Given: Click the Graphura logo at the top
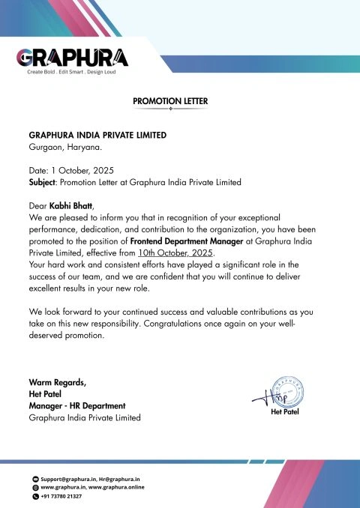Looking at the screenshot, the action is pyautogui.click(x=72, y=57).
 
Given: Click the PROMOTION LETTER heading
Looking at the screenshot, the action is pyautogui.click(x=170, y=100).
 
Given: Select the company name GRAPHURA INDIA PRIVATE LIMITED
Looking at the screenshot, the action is pyautogui.click(x=97, y=136).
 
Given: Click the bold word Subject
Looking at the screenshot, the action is pyautogui.click(x=42, y=182).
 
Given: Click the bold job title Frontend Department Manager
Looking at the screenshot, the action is pyautogui.click(x=187, y=242).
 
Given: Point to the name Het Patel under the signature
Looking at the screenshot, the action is pyautogui.click(x=284, y=412).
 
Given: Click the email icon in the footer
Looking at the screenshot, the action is pyautogui.click(x=34, y=478).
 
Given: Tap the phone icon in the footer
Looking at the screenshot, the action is pyautogui.click(x=34, y=496).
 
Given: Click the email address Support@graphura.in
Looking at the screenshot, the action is pyautogui.click(x=68, y=478).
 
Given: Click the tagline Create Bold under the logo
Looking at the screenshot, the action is pyautogui.click(x=41, y=72).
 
